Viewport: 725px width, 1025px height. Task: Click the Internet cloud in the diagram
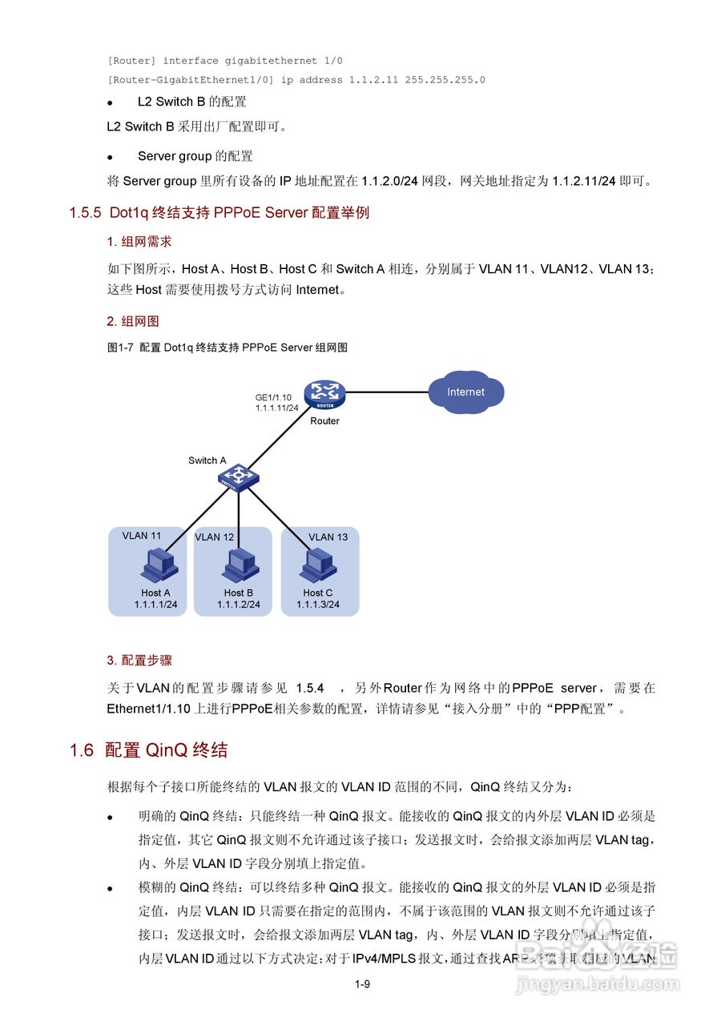(465, 392)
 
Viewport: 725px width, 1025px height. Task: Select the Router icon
(325, 394)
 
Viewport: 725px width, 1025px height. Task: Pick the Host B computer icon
(239, 565)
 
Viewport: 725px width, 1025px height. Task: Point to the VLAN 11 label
(142, 536)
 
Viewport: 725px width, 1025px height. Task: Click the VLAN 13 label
(328, 537)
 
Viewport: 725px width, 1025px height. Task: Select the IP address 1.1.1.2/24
(239, 605)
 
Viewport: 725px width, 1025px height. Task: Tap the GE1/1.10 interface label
(273, 397)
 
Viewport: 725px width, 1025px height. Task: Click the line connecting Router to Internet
(386, 392)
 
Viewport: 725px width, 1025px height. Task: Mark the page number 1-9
(362, 985)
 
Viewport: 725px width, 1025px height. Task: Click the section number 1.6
(82, 750)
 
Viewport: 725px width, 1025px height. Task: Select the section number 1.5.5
(85, 213)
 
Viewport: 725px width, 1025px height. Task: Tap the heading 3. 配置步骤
(139, 661)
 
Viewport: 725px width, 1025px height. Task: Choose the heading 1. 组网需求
(139, 242)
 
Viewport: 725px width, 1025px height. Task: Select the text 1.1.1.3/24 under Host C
(318, 605)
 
